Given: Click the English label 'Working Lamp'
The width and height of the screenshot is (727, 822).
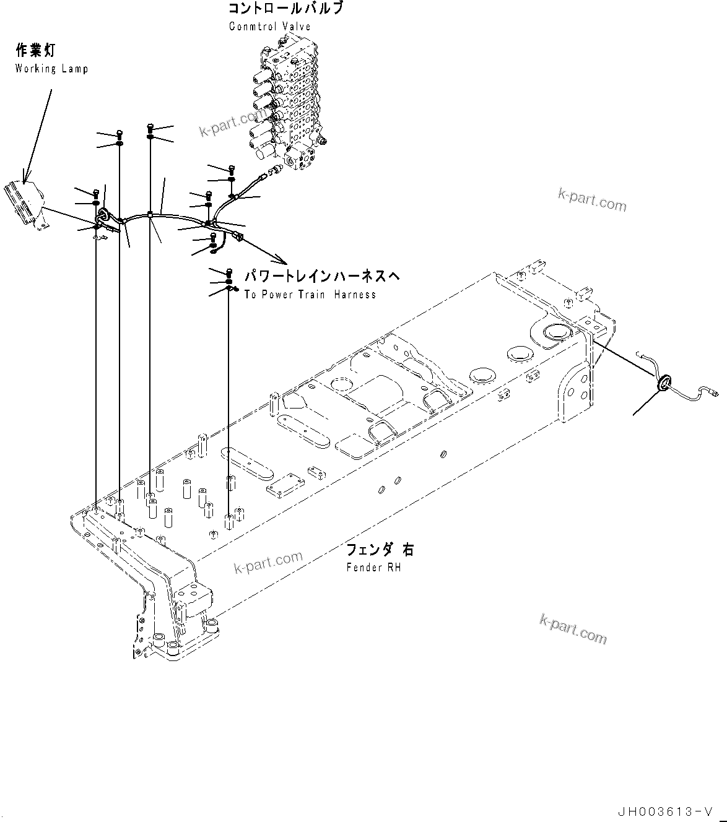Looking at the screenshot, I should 51,69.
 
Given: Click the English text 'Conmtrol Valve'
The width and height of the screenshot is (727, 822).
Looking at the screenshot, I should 269,27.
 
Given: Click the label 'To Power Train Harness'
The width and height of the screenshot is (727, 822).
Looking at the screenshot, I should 310,295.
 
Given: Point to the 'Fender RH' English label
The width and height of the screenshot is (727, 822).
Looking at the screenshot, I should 373,567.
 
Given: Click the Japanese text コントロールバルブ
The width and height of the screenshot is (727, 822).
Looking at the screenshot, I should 285,9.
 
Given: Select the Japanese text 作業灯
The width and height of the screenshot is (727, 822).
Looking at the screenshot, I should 35,51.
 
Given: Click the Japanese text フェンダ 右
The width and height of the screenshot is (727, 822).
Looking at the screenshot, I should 380,550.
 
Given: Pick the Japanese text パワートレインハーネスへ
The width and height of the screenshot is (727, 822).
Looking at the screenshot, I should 321,276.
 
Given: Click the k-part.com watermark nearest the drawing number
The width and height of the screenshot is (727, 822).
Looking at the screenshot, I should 573,628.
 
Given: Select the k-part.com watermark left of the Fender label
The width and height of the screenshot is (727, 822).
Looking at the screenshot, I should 268,562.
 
